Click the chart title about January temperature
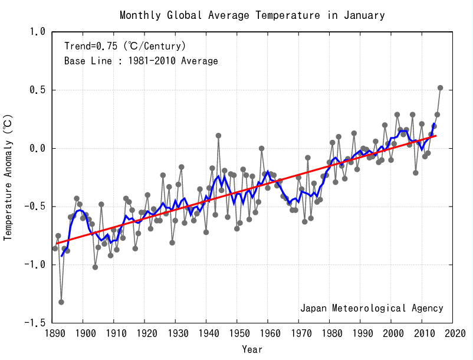[x=252, y=15]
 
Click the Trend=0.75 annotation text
[x=125, y=45]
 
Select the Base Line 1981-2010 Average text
[x=141, y=61]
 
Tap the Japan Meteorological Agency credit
[x=372, y=308]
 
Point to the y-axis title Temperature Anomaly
[x=8, y=177]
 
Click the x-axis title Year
[x=252, y=349]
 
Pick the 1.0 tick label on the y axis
[x=37, y=32]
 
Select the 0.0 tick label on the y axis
[x=37, y=148]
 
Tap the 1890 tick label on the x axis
[x=52, y=334]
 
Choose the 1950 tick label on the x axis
[x=237, y=334]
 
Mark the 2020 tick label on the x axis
[x=452, y=334]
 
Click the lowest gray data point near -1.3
[x=61, y=302]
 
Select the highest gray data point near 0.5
[x=440, y=88]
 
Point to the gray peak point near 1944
[x=218, y=135]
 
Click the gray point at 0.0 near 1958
[x=261, y=148]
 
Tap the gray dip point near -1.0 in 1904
[x=95, y=267]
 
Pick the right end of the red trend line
[x=436, y=136]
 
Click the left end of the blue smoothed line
[x=61, y=256]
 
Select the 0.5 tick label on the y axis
[x=37, y=90]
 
